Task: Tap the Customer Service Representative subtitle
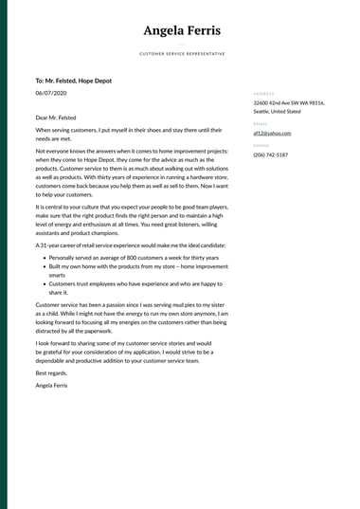(x=182, y=54)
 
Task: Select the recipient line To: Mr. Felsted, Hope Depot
(x=73, y=82)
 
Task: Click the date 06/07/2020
(x=50, y=94)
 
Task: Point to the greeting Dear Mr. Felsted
(x=56, y=118)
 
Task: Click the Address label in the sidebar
(x=263, y=94)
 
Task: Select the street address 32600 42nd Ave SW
(x=288, y=102)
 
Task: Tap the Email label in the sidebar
(x=261, y=124)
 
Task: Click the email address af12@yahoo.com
(x=273, y=134)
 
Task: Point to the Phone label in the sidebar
(x=261, y=146)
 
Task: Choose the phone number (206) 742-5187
(x=271, y=155)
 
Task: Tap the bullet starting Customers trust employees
(x=134, y=288)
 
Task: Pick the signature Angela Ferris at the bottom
(x=52, y=386)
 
